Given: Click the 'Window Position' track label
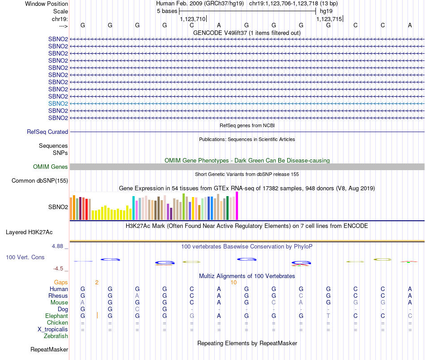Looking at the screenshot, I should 47,4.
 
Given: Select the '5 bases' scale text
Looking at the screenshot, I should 167,11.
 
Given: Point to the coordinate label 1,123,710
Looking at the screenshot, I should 192,19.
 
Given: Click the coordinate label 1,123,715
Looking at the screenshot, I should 329,19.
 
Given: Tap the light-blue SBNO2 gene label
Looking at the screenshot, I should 58,103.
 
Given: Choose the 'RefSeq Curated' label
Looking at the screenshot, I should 47,132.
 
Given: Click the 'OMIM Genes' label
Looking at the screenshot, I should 51,167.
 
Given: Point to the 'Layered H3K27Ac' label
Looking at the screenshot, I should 29,232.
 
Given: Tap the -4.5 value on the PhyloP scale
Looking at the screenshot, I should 59,269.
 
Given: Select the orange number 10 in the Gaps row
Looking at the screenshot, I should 234,283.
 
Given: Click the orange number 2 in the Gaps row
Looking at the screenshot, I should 97,283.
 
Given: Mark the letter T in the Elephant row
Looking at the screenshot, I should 328,316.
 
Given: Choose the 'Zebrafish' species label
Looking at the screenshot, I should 56,336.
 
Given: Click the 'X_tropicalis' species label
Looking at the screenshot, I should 53,330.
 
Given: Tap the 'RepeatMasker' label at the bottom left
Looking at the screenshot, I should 49,349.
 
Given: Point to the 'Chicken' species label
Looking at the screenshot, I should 57,323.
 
